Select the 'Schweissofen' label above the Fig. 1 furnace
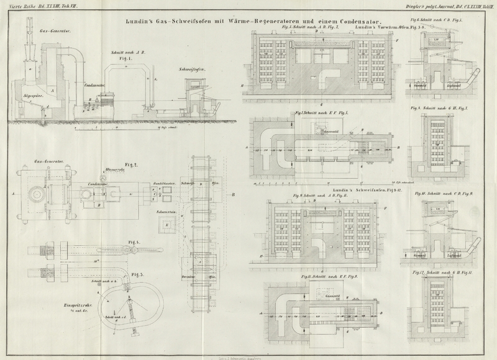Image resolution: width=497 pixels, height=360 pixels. tap(191, 70)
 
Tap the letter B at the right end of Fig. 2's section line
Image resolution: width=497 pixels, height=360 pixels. tap(232, 194)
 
